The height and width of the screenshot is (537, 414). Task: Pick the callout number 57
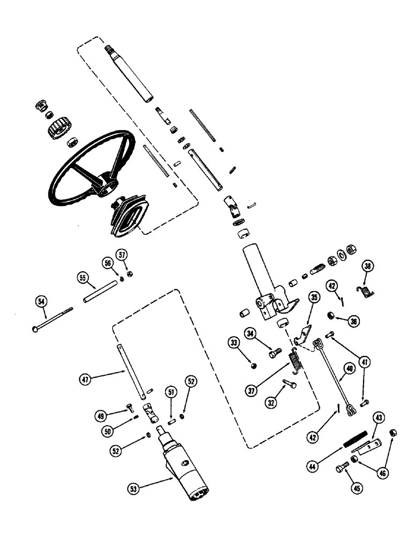(123, 253)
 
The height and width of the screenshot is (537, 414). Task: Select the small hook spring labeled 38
(366, 291)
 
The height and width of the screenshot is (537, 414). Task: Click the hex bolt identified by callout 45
(341, 468)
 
